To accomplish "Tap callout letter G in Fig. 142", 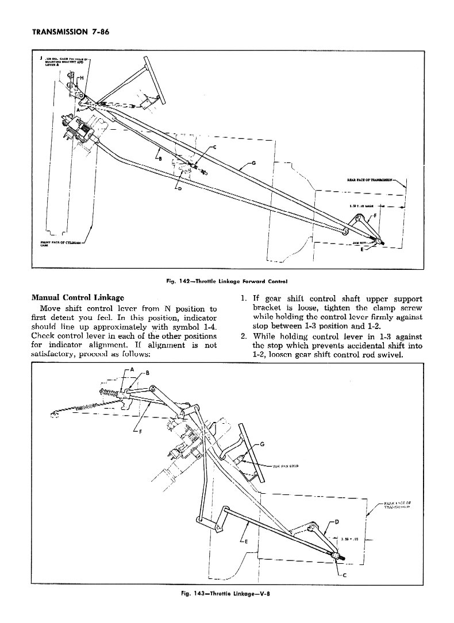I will point(254,163).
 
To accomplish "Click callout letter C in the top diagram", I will point(214,148).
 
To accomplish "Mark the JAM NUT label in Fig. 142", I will point(360,243).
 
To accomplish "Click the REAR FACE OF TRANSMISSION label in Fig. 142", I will point(368,179).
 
